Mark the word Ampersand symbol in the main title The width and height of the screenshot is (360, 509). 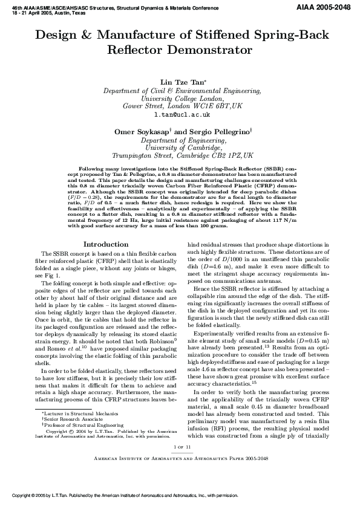click(97, 36)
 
